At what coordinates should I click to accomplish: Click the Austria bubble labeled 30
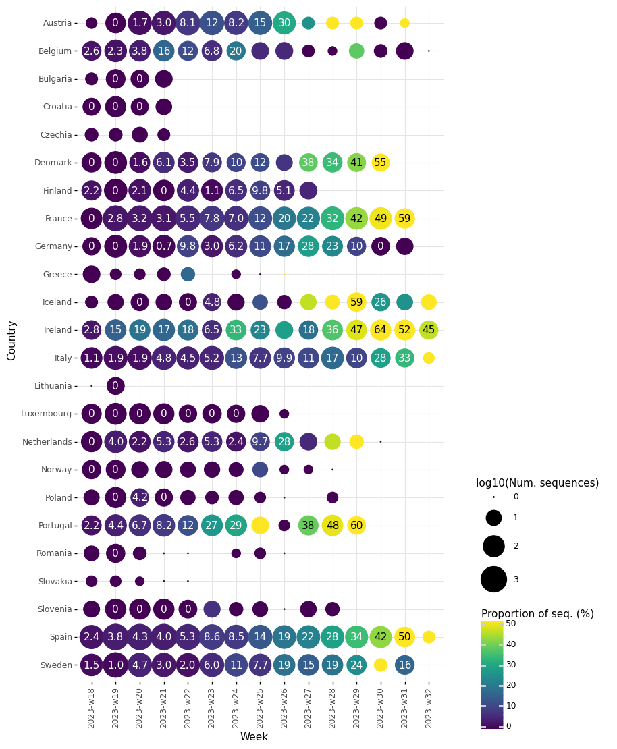click(x=284, y=23)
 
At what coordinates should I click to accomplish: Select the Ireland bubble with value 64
click(x=381, y=330)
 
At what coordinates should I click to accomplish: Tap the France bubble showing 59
click(x=404, y=219)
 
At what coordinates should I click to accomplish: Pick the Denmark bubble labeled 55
click(x=381, y=163)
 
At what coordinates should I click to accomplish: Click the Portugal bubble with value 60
click(x=356, y=526)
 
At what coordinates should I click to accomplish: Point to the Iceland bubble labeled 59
click(x=356, y=302)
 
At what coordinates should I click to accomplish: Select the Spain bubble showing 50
click(x=404, y=637)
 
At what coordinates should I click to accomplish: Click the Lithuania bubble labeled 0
click(x=115, y=386)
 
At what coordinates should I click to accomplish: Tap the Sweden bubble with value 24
click(x=356, y=665)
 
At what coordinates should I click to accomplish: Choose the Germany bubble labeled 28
click(x=308, y=246)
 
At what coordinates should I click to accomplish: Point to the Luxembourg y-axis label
click(x=47, y=414)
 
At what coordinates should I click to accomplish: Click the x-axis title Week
click(x=254, y=737)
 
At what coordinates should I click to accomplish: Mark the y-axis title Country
click(x=11, y=340)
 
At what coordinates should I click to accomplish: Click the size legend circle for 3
click(x=493, y=580)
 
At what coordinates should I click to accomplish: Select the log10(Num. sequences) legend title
click(x=537, y=483)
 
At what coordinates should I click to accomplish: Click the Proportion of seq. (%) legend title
click(x=537, y=614)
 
